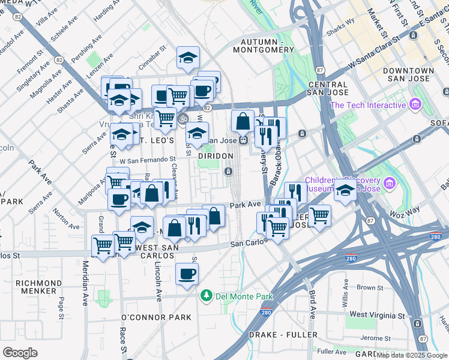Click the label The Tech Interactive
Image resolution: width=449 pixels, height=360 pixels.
click(367, 106)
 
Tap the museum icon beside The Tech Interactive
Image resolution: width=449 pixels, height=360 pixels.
click(414, 106)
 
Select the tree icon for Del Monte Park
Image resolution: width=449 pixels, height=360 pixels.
click(206, 296)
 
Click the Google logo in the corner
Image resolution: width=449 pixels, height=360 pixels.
click(20, 353)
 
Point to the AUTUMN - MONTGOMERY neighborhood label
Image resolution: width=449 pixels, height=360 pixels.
click(267, 46)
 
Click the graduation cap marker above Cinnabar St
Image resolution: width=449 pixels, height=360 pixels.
click(188, 58)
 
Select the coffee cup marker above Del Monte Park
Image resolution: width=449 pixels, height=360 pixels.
click(186, 274)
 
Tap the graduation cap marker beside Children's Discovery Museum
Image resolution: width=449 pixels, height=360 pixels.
click(345, 190)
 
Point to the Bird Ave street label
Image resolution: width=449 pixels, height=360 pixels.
click(313, 305)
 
